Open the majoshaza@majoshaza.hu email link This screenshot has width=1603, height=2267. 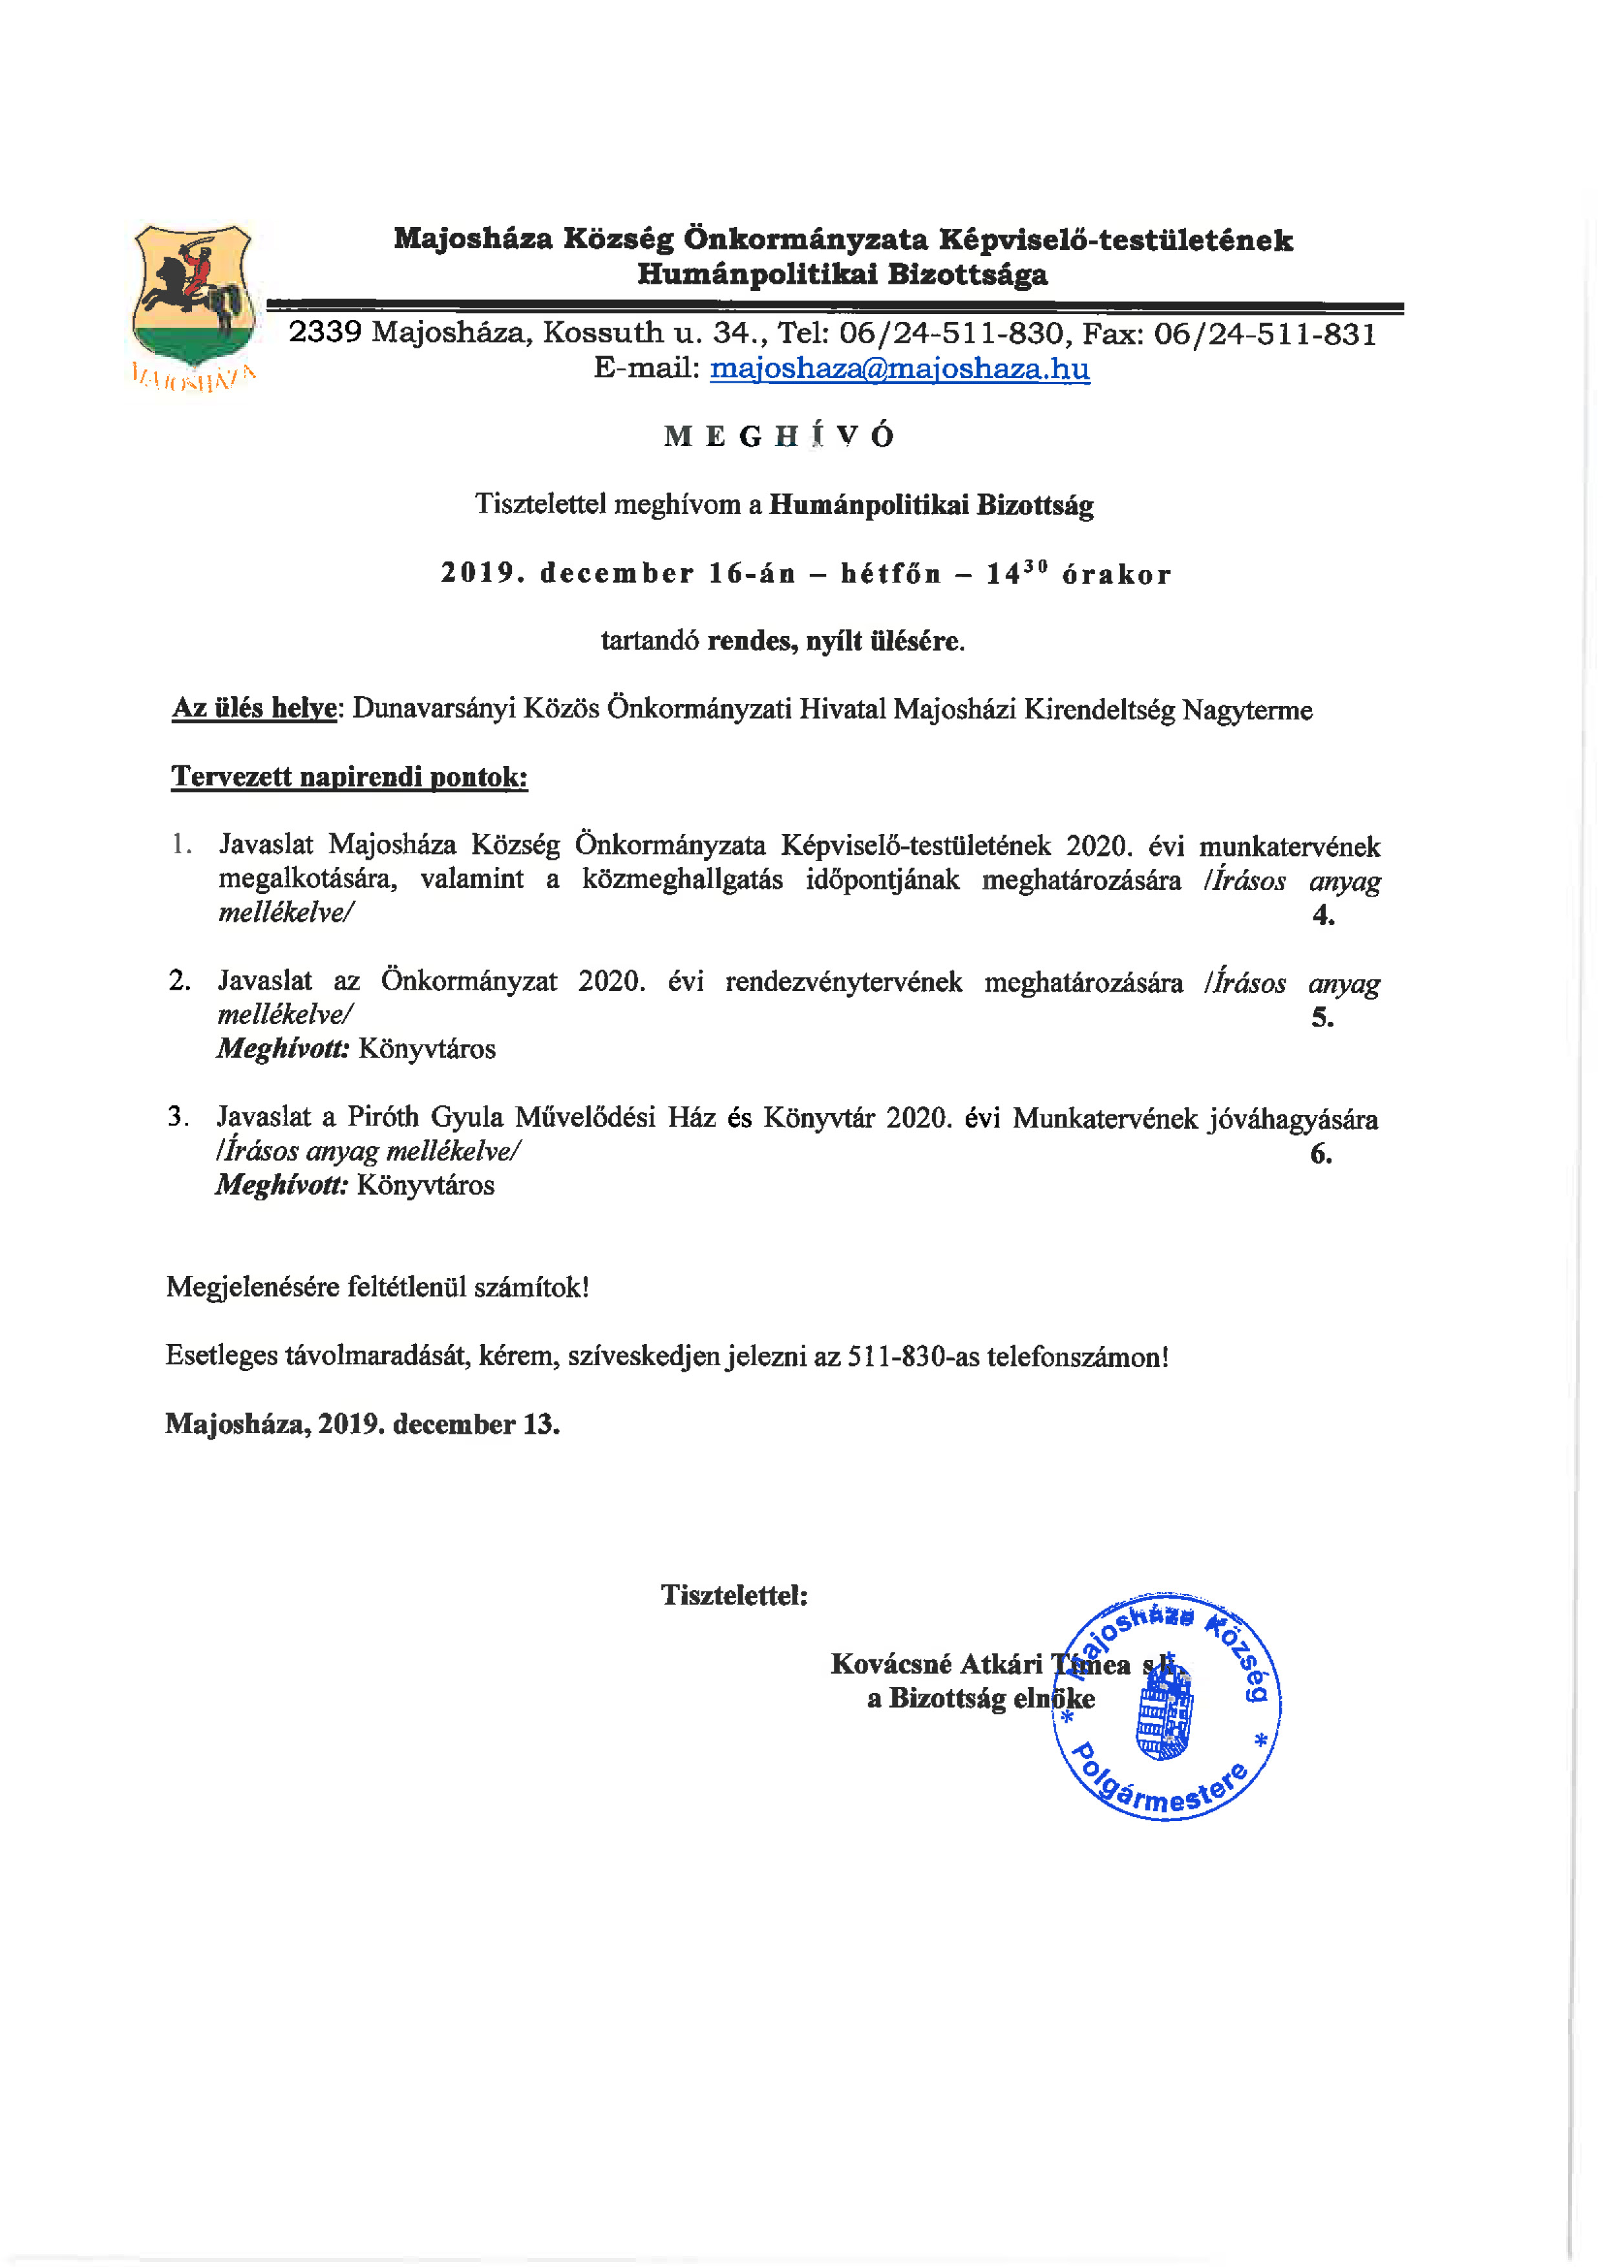[899, 368]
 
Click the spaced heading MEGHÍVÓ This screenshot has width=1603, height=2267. [780, 436]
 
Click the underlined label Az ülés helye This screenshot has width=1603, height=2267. [255, 709]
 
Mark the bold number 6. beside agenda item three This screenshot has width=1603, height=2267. [1321, 1153]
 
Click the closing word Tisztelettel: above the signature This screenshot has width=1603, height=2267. [734, 1595]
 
